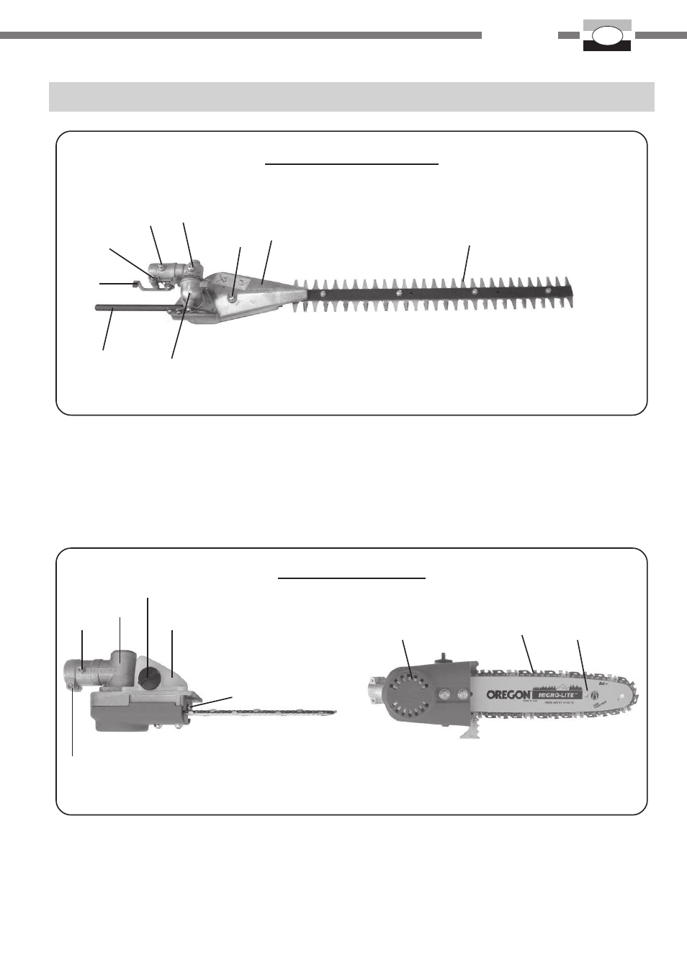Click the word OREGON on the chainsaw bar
pyautogui.click(x=508, y=695)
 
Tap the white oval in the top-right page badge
pyautogui.click(x=606, y=35)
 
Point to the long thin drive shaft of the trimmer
pyautogui.click(x=130, y=310)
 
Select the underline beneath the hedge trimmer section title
pyautogui.click(x=351, y=164)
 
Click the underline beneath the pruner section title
pyautogui.click(x=351, y=578)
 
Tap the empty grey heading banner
pyautogui.click(x=351, y=97)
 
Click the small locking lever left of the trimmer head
pyautogui.click(x=137, y=284)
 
